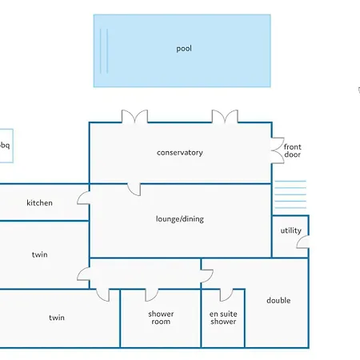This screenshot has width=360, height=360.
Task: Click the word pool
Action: [184, 49]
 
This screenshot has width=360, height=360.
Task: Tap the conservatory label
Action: [180, 153]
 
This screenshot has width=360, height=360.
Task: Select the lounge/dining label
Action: [180, 219]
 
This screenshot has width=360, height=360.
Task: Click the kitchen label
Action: [39, 203]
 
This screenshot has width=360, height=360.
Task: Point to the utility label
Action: [291, 230]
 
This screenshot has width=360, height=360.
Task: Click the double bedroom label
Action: [278, 301]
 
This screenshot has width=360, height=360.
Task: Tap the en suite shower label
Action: [223, 318]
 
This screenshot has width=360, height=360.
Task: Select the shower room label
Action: [161, 318]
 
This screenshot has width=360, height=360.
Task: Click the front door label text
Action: [293, 150]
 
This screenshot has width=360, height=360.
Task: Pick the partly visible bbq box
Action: [6, 146]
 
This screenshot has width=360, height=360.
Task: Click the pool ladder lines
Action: [104, 50]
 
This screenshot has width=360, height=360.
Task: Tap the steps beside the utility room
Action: [290, 194]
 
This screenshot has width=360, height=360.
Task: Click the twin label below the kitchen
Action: [40, 254]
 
